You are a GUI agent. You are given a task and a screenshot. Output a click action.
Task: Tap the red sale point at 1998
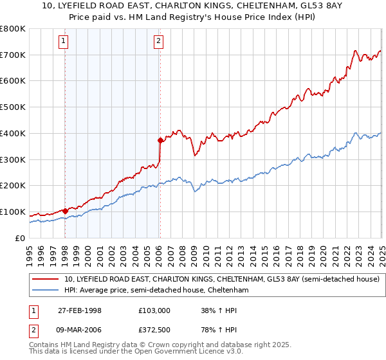click(66, 210)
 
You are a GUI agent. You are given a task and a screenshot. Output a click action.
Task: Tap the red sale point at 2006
click(160, 139)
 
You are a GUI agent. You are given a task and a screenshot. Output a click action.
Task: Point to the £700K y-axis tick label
click(12, 55)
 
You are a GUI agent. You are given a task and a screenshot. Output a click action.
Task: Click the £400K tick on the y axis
click(12, 133)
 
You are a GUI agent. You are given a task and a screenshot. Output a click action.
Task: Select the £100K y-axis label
click(12, 212)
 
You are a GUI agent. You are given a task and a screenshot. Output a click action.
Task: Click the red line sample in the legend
click(45, 280)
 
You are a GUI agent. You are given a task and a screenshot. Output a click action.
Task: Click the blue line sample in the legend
click(45, 291)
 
